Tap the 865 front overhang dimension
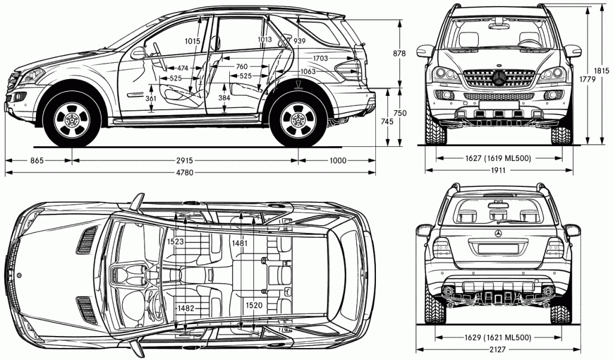pyautogui.click(x=37, y=161)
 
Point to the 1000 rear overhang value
pyautogui.click(x=338, y=161)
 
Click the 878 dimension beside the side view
pyautogui.click(x=399, y=53)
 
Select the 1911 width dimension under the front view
pyautogui.click(x=498, y=171)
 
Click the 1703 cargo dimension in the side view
pyautogui.click(x=320, y=58)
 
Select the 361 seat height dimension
pyautogui.click(x=151, y=98)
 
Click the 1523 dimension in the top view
pyautogui.click(x=175, y=241)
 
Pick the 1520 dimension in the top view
pyautogui.click(x=254, y=305)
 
